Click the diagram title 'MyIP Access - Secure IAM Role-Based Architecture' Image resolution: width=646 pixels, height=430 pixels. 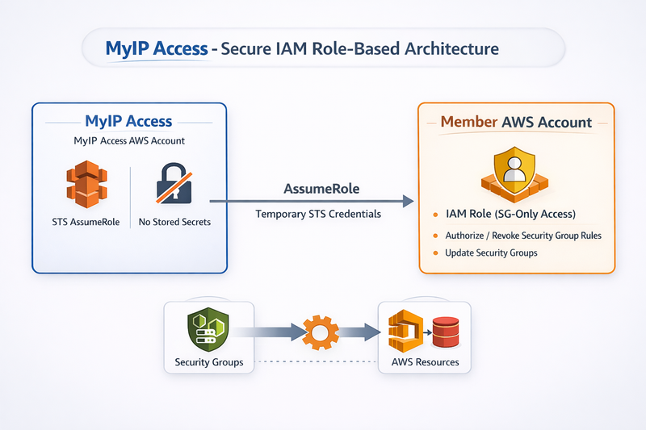point(302,48)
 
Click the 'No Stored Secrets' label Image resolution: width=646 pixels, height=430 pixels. point(174,222)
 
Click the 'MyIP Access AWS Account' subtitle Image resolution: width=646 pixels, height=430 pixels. point(129,141)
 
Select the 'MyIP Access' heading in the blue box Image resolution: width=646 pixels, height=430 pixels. point(128,121)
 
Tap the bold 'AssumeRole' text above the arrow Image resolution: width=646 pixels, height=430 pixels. point(321,189)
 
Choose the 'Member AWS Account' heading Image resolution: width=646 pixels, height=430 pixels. point(516,123)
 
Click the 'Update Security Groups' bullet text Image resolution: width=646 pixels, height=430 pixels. point(492,253)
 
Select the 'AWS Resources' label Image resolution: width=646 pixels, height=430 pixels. point(425,362)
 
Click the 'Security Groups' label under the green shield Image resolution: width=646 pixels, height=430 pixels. point(208,362)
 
